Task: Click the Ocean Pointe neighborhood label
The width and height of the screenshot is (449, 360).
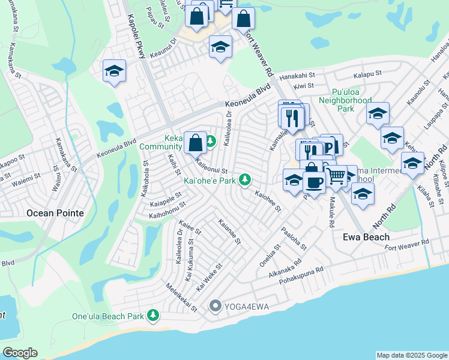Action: pos(54,213)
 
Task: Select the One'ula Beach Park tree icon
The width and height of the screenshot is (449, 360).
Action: pos(154,315)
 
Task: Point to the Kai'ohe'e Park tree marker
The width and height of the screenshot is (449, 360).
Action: pos(244,179)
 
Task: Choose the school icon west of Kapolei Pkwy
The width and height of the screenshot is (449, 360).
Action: pos(114,71)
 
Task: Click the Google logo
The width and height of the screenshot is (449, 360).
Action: pos(19,353)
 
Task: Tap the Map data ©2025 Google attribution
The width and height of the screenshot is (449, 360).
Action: pos(412,355)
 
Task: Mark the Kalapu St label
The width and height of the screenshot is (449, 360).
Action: pos(367,76)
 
